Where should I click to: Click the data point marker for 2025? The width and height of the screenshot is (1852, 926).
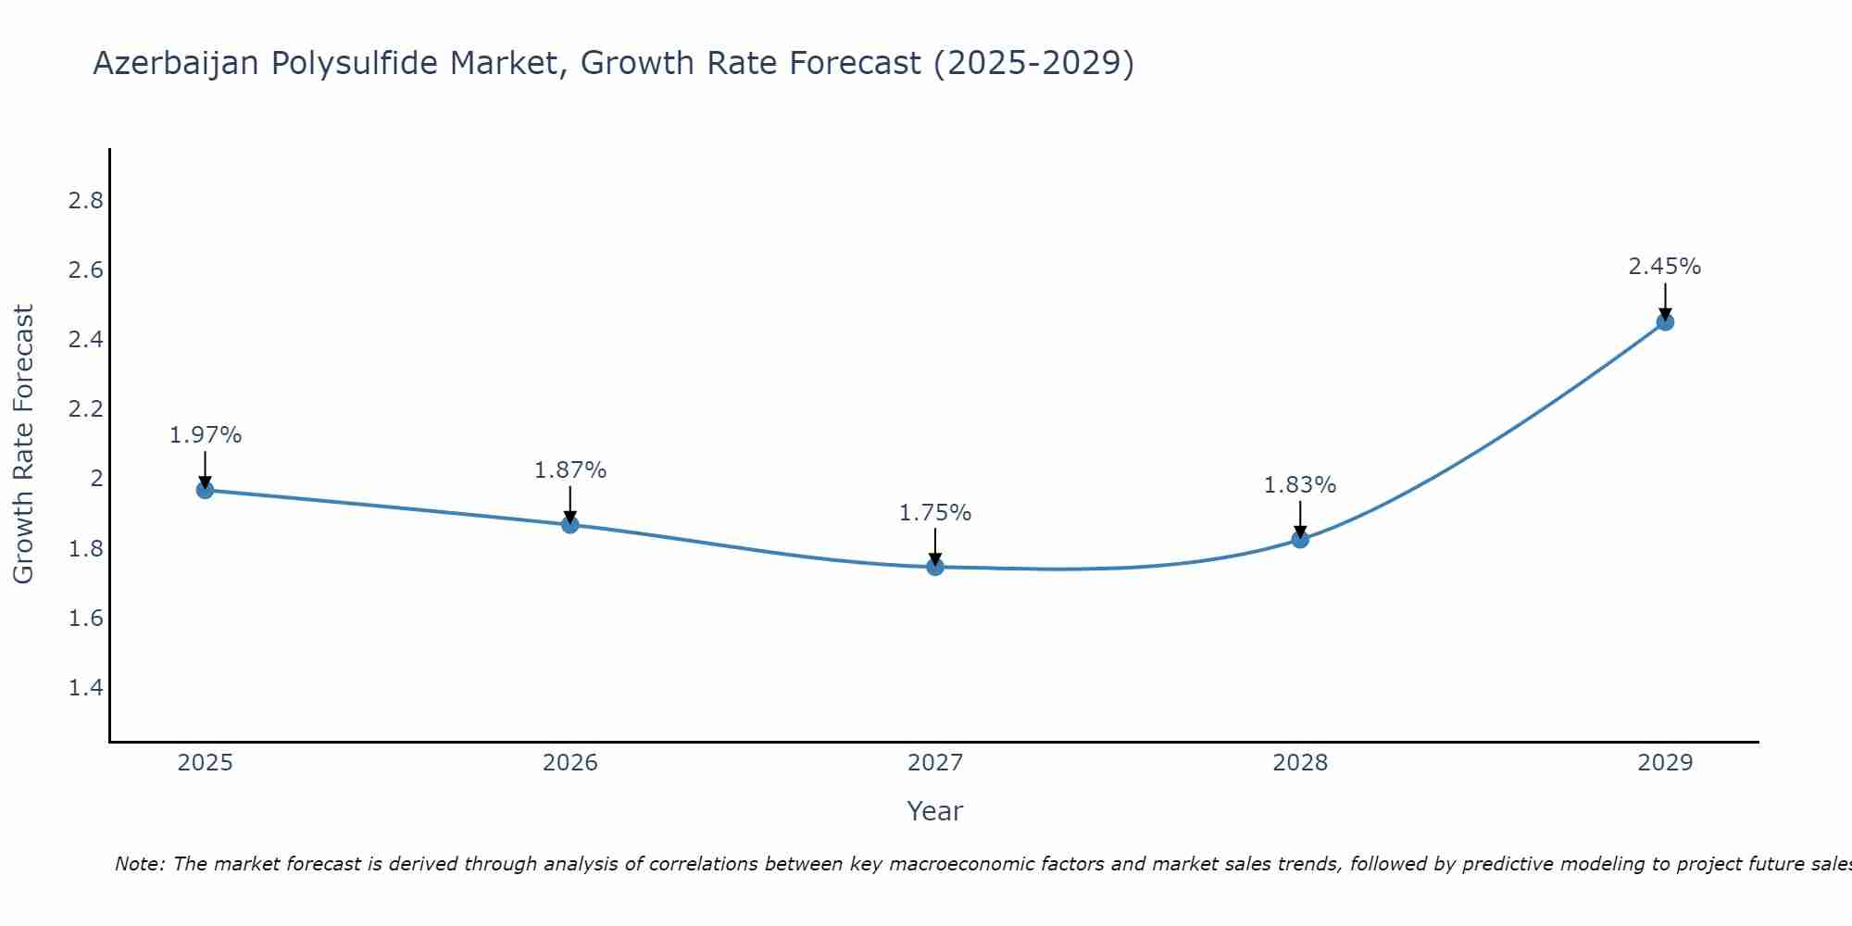(206, 490)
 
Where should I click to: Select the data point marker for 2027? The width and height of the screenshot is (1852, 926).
(935, 567)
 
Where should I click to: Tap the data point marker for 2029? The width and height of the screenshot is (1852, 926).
(1665, 322)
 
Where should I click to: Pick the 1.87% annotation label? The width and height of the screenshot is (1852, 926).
(570, 470)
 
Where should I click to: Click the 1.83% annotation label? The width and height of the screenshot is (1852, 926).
(1300, 485)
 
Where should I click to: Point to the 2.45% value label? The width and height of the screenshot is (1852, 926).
(1665, 267)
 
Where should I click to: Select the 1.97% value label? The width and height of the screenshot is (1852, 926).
(206, 435)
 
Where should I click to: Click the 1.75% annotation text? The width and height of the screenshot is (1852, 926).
(935, 513)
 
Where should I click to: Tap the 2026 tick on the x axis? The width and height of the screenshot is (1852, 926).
(570, 763)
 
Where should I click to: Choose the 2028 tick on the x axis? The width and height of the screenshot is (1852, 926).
(1300, 763)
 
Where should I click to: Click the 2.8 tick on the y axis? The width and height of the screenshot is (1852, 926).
(86, 201)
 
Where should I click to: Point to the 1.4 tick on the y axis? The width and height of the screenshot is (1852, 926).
(86, 688)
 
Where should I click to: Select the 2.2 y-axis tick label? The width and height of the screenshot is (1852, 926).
(86, 409)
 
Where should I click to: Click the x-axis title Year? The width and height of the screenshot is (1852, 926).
(935, 811)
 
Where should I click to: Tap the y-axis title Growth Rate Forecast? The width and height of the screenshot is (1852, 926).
(24, 444)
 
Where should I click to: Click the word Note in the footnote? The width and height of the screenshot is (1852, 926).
(139, 864)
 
